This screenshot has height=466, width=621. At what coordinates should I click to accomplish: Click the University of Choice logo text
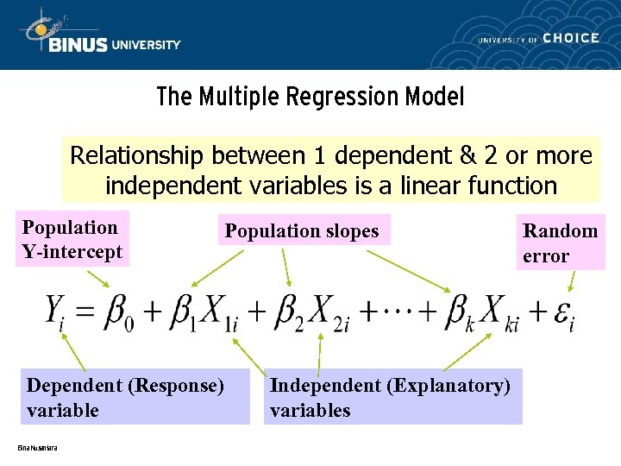tap(538, 38)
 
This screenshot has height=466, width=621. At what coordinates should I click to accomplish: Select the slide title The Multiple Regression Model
tap(310, 97)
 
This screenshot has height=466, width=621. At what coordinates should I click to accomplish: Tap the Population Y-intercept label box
tap(74, 240)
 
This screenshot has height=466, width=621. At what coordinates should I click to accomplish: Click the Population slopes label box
tap(303, 230)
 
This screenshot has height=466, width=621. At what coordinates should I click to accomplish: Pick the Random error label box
tap(560, 243)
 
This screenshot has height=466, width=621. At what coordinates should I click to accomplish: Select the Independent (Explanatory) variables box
tap(392, 398)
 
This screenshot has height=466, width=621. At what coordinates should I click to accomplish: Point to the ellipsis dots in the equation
tap(392, 308)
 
